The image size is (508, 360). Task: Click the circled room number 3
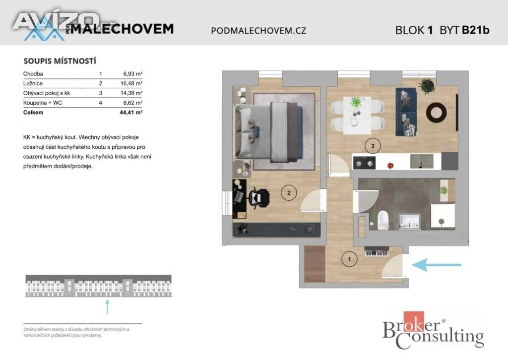(373, 146)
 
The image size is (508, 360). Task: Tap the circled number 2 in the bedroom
(289, 193)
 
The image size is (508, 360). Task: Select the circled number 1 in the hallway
(349, 259)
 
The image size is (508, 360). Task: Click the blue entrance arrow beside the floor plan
(437, 265)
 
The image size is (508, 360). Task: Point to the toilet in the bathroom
(383, 220)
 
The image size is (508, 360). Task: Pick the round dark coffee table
(437, 113)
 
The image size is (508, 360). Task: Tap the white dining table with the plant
(357, 115)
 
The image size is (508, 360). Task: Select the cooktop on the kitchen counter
(364, 163)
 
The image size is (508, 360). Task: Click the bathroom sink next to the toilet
(410, 222)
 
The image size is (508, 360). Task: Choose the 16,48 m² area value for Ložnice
(131, 83)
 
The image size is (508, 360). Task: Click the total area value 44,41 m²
(131, 113)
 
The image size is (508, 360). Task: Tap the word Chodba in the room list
(33, 74)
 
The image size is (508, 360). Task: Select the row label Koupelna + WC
(43, 103)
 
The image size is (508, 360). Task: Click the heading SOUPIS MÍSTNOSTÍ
(60, 61)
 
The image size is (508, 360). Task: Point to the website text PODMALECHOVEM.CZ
(258, 30)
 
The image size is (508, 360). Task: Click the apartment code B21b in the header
(476, 30)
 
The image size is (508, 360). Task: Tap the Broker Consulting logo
(433, 331)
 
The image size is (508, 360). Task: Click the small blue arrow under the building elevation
(107, 306)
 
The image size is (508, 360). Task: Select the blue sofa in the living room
(406, 112)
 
